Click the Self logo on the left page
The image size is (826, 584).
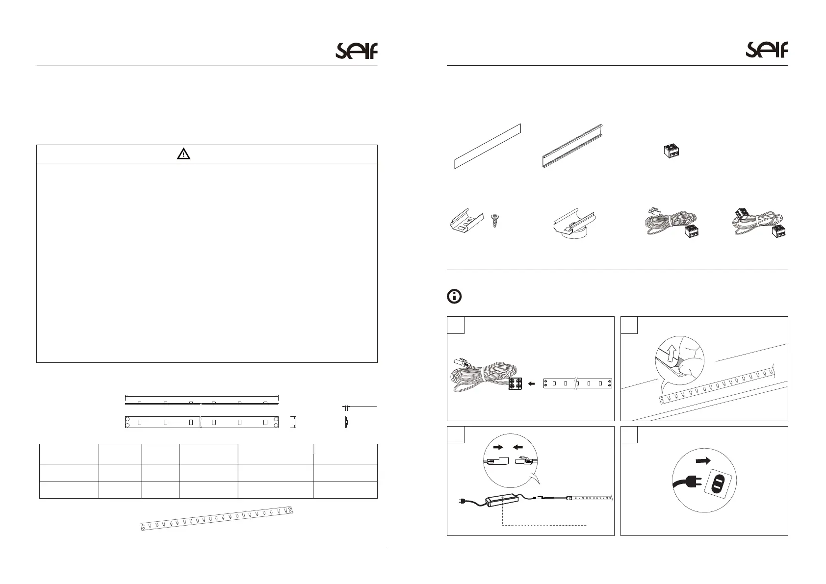click(356, 51)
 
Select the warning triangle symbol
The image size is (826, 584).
click(183, 154)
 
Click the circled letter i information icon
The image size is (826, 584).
click(455, 297)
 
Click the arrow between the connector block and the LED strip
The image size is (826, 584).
click(532, 384)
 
